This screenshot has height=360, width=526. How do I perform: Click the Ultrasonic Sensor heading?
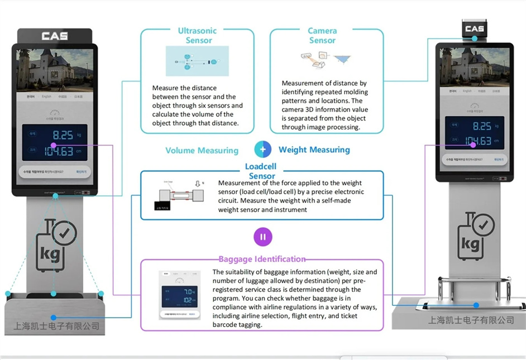[197, 36]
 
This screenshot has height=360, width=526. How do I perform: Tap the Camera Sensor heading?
[322, 36]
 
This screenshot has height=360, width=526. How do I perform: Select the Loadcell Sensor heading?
[261, 171]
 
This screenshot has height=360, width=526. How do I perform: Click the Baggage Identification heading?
[262, 259]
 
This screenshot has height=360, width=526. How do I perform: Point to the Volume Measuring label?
[202, 150]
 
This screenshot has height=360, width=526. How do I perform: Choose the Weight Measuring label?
[314, 150]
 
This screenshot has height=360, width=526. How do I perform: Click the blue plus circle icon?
[262, 149]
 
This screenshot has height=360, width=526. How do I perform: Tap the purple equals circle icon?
[262, 237]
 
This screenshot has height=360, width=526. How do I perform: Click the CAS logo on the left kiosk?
[55, 36]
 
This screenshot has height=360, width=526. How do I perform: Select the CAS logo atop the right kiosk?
[474, 28]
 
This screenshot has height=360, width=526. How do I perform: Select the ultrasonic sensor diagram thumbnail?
[197, 61]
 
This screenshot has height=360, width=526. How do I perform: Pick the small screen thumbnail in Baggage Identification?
[178, 295]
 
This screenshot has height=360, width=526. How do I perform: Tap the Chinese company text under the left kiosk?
[56, 326]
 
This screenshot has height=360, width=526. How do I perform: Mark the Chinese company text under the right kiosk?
[471, 320]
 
